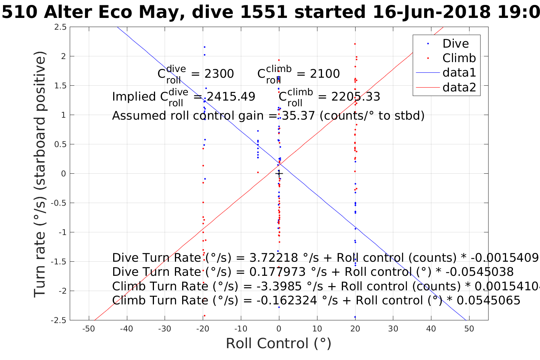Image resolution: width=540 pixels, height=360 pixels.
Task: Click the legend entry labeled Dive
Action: pos(455,43)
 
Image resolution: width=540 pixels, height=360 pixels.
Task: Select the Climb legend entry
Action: pos(459,58)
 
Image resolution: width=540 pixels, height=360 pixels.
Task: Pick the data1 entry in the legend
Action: pos(459,73)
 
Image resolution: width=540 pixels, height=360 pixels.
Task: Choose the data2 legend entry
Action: pos(459,88)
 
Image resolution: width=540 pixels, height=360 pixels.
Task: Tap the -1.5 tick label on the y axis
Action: pos(59,262)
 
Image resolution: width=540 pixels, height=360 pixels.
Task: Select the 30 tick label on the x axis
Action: pos(393,329)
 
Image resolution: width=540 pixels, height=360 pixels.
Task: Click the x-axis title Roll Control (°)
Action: pos(279,344)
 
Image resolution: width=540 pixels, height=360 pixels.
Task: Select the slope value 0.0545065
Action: pos(488,301)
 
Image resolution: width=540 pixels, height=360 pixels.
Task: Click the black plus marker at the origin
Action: pos(279,174)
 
